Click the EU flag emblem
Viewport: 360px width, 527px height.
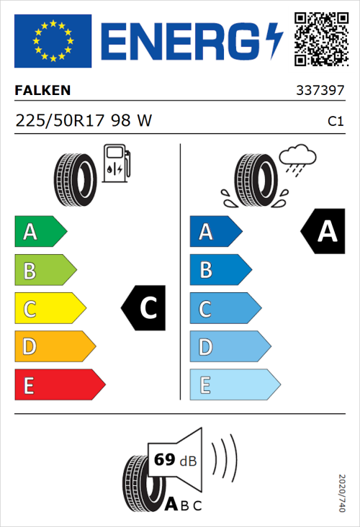click(53, 41)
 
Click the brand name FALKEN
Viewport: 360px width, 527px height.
click(43, 91)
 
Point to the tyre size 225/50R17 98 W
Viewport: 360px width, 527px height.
click(84, 121)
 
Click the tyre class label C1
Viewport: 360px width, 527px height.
click(335, 122)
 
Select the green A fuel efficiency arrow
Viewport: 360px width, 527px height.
click(40, 232)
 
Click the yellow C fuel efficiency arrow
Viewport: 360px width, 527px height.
click(49, 308)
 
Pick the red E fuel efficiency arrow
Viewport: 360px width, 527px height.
click(59, 385)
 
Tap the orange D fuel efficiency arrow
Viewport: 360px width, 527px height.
click(54, 347)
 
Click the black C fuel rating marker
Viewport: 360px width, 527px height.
click(145, 308)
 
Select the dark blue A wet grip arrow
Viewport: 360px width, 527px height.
click(215, 232)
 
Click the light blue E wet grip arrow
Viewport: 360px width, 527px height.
click(234, 385)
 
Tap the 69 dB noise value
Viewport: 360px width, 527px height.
click(174, 460)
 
